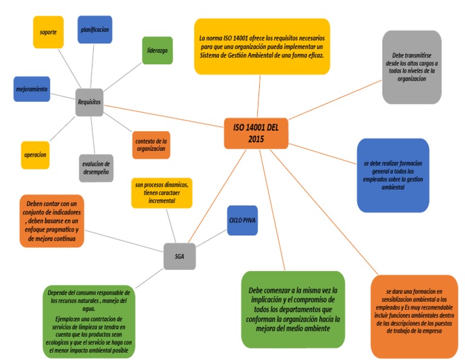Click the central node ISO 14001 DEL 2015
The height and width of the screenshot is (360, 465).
point(256,133)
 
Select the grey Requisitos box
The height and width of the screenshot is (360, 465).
point(90,102)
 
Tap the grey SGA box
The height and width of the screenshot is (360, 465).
point(180,256)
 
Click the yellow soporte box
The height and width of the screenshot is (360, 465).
point(48,32)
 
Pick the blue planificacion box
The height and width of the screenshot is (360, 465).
point(94,29)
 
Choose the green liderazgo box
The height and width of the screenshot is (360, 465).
point(157,50)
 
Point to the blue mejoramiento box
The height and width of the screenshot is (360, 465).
point(31,89)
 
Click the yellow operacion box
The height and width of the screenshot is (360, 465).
point(35,155)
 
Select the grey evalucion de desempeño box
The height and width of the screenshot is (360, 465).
point(96,168)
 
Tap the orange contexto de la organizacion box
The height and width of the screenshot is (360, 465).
point(151,145)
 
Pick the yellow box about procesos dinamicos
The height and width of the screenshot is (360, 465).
point(162,193)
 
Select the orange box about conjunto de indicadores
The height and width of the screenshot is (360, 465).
point(51,221)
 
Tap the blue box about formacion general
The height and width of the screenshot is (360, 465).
point(393,175)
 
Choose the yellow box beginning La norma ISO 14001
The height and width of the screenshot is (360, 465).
point(262,46)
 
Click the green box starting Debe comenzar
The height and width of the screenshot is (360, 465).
point(292,309)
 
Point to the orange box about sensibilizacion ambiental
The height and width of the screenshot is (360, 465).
point(414,316)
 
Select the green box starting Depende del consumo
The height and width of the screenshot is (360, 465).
point(88,321)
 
